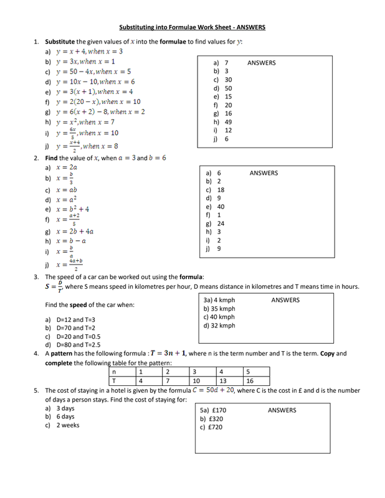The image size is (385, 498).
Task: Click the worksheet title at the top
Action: (x=192, y=27)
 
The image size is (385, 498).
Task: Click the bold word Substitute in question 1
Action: (x=63, y=41)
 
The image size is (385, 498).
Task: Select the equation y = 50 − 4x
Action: (x=93, y=72)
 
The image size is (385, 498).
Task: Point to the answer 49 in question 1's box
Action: (x=228, y=122)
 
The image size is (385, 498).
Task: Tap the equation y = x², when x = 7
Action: (x=85, y=122)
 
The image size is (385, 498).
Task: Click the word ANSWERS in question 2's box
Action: (x=264, y=173)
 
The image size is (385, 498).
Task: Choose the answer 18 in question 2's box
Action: (x=221, y=190)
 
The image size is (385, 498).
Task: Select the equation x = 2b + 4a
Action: (x=75, y=231)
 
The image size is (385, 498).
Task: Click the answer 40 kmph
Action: (x=219, y=317)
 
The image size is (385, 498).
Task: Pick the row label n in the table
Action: (x=113, y=372)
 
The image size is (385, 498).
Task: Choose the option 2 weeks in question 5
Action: (x=68, y=426)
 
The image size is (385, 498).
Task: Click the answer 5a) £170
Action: (x=213, y=411)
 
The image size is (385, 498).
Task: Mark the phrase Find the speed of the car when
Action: (x=89, y=305)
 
